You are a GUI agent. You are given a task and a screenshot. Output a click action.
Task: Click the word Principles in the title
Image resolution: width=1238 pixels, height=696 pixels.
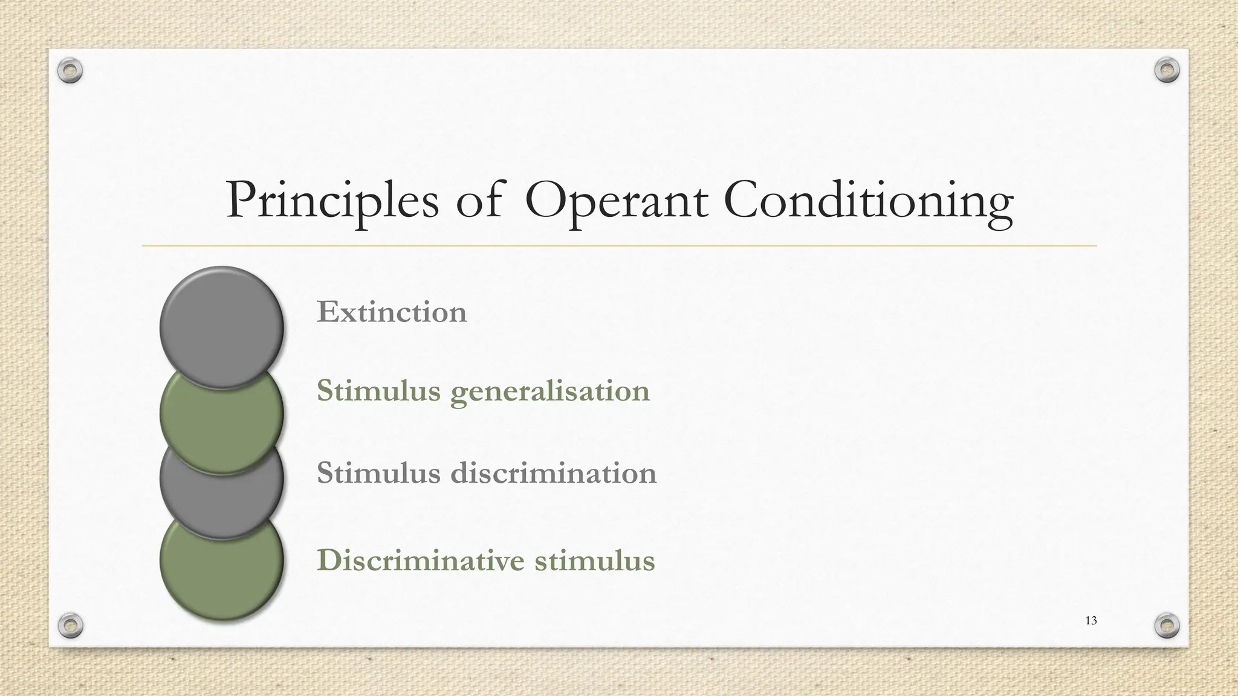tap(332, 201)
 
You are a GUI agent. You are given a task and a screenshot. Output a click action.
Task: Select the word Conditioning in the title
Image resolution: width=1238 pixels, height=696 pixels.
tap(868, 201)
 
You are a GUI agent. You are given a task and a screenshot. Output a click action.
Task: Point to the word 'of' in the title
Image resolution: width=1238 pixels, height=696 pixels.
tap(478, 200)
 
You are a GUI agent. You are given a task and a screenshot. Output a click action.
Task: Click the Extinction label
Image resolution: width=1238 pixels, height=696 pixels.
tap(392, 312)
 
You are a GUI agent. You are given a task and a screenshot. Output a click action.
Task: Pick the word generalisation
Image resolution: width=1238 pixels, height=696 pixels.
tap(550, 391)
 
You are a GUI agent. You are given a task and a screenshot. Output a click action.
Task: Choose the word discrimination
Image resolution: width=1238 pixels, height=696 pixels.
tap(554, 472)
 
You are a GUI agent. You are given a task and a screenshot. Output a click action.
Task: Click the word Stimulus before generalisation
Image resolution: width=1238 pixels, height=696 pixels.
tap(378, 390)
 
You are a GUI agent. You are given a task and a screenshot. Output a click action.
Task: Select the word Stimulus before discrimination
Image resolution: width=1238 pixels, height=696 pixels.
tap(378, 472)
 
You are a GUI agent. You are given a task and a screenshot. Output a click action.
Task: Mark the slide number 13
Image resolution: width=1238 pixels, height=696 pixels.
tap(1091, 620)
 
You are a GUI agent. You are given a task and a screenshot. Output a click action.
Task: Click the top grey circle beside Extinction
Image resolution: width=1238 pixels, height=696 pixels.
tap(222, 326)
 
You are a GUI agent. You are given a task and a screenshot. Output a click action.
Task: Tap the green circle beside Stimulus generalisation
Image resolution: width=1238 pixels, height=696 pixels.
tap(222, 423)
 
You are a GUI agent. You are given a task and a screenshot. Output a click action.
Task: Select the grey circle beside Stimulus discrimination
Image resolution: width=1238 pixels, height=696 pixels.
tap(222, 495)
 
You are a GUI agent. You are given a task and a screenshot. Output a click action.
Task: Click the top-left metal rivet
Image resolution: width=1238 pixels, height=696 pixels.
tap(70, 71)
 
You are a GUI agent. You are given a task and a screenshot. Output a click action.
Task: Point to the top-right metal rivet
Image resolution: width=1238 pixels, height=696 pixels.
tap(1167, 70)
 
